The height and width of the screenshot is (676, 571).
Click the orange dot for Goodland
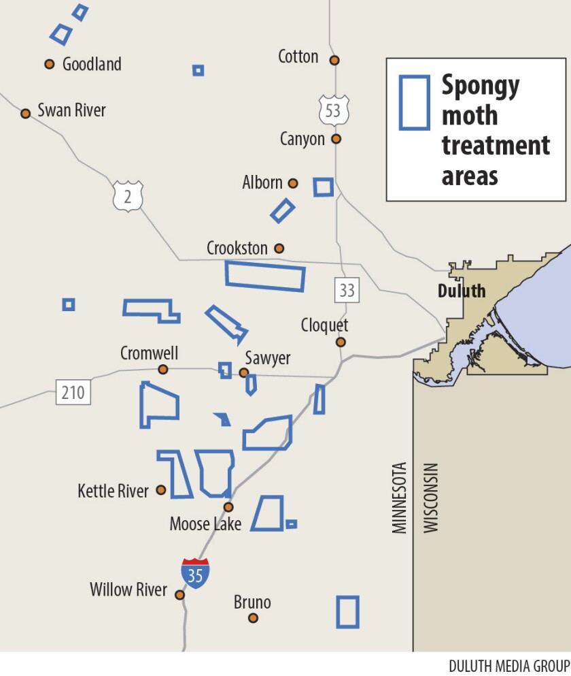point(49,64)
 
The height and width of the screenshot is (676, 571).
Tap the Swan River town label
point(71,110)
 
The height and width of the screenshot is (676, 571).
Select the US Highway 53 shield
point(332,110)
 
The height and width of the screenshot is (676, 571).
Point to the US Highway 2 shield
point(128,195)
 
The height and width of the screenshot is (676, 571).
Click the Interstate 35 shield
point(195,573)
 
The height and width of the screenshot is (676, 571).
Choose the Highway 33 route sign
point(347,291)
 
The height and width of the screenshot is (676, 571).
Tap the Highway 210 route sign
point(73,393)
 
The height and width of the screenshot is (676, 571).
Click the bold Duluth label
point(461,291)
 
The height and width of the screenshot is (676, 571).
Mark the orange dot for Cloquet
point(341,342)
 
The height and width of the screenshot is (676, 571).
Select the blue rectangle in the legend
point(414,102)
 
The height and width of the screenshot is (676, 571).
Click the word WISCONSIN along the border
point(431,498)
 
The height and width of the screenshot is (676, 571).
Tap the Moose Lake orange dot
point(228,507)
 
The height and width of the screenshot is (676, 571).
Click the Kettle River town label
point(113,490)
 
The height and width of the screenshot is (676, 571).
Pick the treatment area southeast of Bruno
point(347,611)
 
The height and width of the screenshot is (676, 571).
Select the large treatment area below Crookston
point(265,275)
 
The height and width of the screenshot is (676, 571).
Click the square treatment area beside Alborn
point(323,187)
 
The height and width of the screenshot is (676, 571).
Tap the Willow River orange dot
point(179,594)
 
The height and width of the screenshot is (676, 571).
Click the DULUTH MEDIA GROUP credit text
point(508,664)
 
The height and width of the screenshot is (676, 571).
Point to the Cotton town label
point(298,56)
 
